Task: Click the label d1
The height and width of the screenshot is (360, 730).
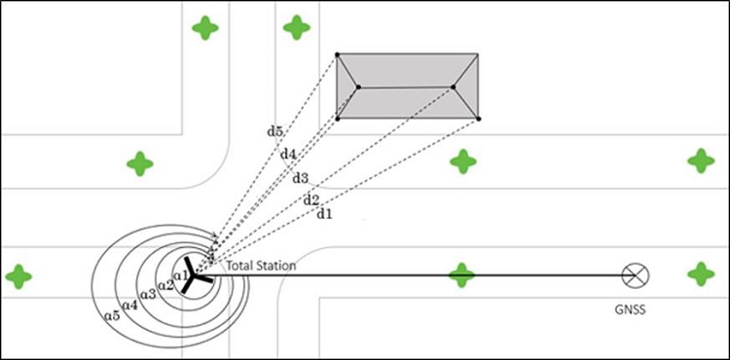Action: (324, 214)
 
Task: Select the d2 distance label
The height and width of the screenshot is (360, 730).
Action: (311, 200)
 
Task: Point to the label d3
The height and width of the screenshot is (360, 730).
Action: (301, 178)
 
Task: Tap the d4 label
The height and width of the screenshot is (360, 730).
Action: (288, 154)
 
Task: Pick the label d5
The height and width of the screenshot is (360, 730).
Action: (274, 131)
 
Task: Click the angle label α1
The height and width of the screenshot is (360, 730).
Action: (180, 275)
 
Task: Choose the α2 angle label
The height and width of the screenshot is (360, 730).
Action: (165, 285)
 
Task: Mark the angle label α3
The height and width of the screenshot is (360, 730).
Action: (148, 295)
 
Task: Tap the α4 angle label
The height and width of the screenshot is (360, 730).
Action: (129, 306)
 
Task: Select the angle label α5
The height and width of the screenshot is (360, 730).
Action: (112, 316)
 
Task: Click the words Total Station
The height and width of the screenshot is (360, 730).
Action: (261, 266)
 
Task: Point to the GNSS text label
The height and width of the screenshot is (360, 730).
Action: (631, 309)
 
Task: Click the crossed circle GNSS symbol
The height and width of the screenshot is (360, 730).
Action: (636, 275)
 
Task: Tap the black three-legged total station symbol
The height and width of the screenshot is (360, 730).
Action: (196, 275)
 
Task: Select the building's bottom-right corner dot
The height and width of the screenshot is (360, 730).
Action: (479, 119)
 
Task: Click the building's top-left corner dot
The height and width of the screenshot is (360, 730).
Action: (338, 54)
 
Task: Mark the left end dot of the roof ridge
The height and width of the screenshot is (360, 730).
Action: (358, 87)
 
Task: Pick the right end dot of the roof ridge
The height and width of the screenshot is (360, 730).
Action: (453, 87)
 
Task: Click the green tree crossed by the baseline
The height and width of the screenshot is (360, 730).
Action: (461, 275)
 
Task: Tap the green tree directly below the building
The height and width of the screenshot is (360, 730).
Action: (463, 162)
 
